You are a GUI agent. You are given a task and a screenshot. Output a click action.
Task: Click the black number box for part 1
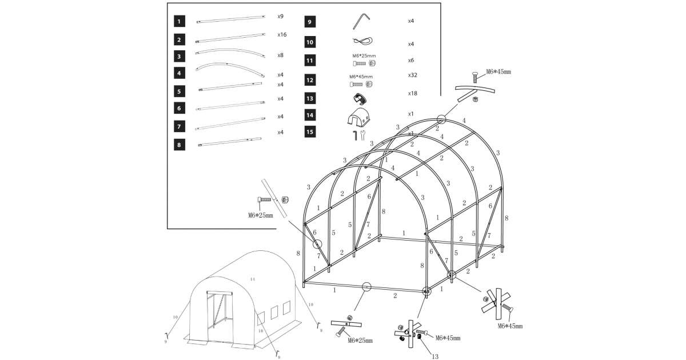tap(180, 22)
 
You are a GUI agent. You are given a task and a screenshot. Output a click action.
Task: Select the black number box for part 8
tap(180, 145)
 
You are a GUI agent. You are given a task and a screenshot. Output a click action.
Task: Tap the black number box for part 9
tap(309, 22)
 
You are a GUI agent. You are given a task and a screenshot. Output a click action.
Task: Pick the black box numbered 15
tap(309, 132)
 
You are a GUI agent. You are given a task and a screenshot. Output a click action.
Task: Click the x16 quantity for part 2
tap(282, 35)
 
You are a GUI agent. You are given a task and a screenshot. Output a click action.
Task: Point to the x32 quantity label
tap(412, 75)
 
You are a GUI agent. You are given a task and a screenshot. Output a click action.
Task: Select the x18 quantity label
tap(412, 93)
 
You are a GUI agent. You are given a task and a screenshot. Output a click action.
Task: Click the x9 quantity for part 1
tap(281, 17)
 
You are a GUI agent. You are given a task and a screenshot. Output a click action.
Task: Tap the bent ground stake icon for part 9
tap(361, 21)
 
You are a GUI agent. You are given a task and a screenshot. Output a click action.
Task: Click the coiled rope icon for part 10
tap(362, 41)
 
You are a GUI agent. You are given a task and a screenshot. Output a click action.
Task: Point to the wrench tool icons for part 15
tap(358, 135)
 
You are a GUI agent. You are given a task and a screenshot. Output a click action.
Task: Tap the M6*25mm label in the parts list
tap(364, 56)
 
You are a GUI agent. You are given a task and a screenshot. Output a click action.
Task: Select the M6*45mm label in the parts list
tap(361, 77)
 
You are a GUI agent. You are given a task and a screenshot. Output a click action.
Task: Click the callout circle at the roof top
tap(441, 119)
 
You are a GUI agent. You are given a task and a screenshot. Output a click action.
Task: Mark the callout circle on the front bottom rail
tap(366, 287)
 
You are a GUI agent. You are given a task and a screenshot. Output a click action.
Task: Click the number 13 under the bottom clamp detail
tap(435, 357)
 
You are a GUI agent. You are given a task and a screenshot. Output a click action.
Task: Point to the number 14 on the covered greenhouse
tap(252, 279)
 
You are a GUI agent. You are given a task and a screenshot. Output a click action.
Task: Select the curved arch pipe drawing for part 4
tap(231, 69)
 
